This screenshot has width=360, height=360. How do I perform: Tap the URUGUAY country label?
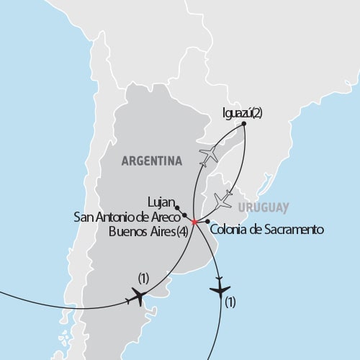click(x=264, y=207)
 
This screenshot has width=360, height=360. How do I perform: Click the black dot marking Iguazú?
click(x=245, y=124)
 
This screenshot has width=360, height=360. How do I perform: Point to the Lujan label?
click(x=158, y=204)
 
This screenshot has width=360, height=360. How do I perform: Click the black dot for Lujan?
click(x=177, y=207)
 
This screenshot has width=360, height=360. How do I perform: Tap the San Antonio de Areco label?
click(x=127, y=216)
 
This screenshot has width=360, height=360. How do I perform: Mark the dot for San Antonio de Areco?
click(x=184, y=215)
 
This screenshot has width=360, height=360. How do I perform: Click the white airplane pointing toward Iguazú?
click(x=209, y=154)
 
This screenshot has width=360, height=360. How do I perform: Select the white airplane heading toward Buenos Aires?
click(x=224, y=198)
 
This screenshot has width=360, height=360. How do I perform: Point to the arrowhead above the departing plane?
click(x=218, y=274)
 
